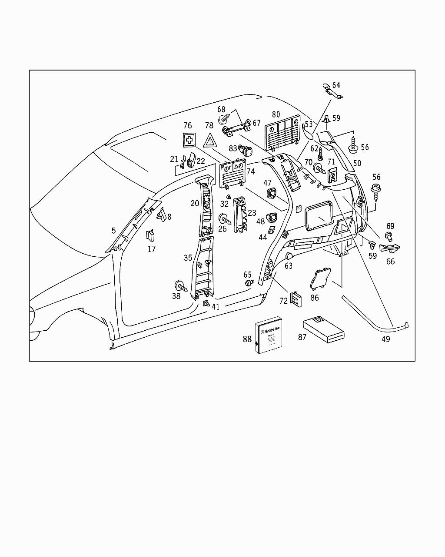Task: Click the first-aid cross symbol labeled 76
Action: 189,140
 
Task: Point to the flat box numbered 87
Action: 323,329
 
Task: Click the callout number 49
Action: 385,339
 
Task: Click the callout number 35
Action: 188,258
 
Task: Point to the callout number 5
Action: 114,231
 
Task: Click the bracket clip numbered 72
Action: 296,299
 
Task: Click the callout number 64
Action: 336,85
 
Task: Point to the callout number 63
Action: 289,265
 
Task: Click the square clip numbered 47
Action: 271,193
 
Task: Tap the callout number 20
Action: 195,203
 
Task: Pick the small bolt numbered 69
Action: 389,236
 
